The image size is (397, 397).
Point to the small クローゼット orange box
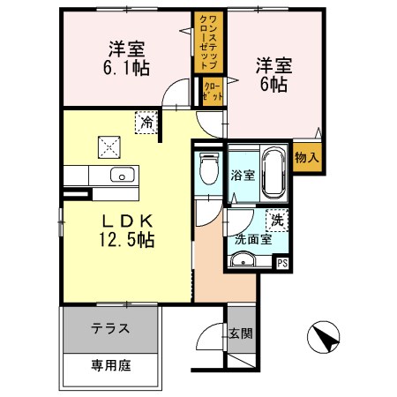213,93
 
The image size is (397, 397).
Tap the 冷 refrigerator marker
145,123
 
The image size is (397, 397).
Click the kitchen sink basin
124,174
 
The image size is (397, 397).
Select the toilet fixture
208,168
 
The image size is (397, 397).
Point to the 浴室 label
242,175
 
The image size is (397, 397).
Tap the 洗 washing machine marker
277,219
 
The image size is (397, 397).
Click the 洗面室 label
253,238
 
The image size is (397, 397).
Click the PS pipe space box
282,262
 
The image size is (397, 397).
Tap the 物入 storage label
306,158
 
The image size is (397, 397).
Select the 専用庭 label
111,364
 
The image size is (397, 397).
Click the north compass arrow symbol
326,338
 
